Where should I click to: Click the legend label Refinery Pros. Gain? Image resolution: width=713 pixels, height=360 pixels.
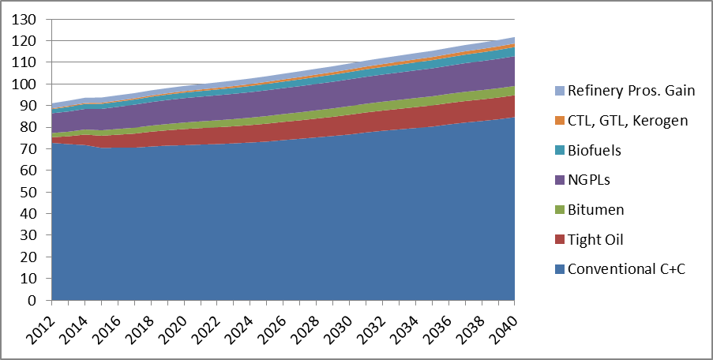tap(631, 91)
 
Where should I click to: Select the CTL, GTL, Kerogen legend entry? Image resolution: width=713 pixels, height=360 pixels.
tap(628, 121)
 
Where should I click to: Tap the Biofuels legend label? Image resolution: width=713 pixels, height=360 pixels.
tap(595, 150)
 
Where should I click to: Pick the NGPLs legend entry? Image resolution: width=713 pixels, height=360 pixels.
tap(589, 179)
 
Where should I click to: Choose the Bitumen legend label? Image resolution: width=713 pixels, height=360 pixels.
tap(595, 209)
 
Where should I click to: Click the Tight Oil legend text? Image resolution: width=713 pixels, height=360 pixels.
tap(595, 239)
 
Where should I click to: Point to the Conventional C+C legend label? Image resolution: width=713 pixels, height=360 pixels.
tap(626, 269)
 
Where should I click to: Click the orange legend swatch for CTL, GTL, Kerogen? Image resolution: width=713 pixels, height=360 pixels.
tap(561, 121)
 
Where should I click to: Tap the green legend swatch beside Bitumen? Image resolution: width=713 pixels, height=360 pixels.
tap(561, 210)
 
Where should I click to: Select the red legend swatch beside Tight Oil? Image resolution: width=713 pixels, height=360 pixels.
tap(561, 240)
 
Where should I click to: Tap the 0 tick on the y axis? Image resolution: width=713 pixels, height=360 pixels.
tap(32, 301)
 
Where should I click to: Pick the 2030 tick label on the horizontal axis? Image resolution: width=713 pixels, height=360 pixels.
tap(340, 326)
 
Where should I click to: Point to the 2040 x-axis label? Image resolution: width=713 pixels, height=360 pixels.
tap(505, 326)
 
